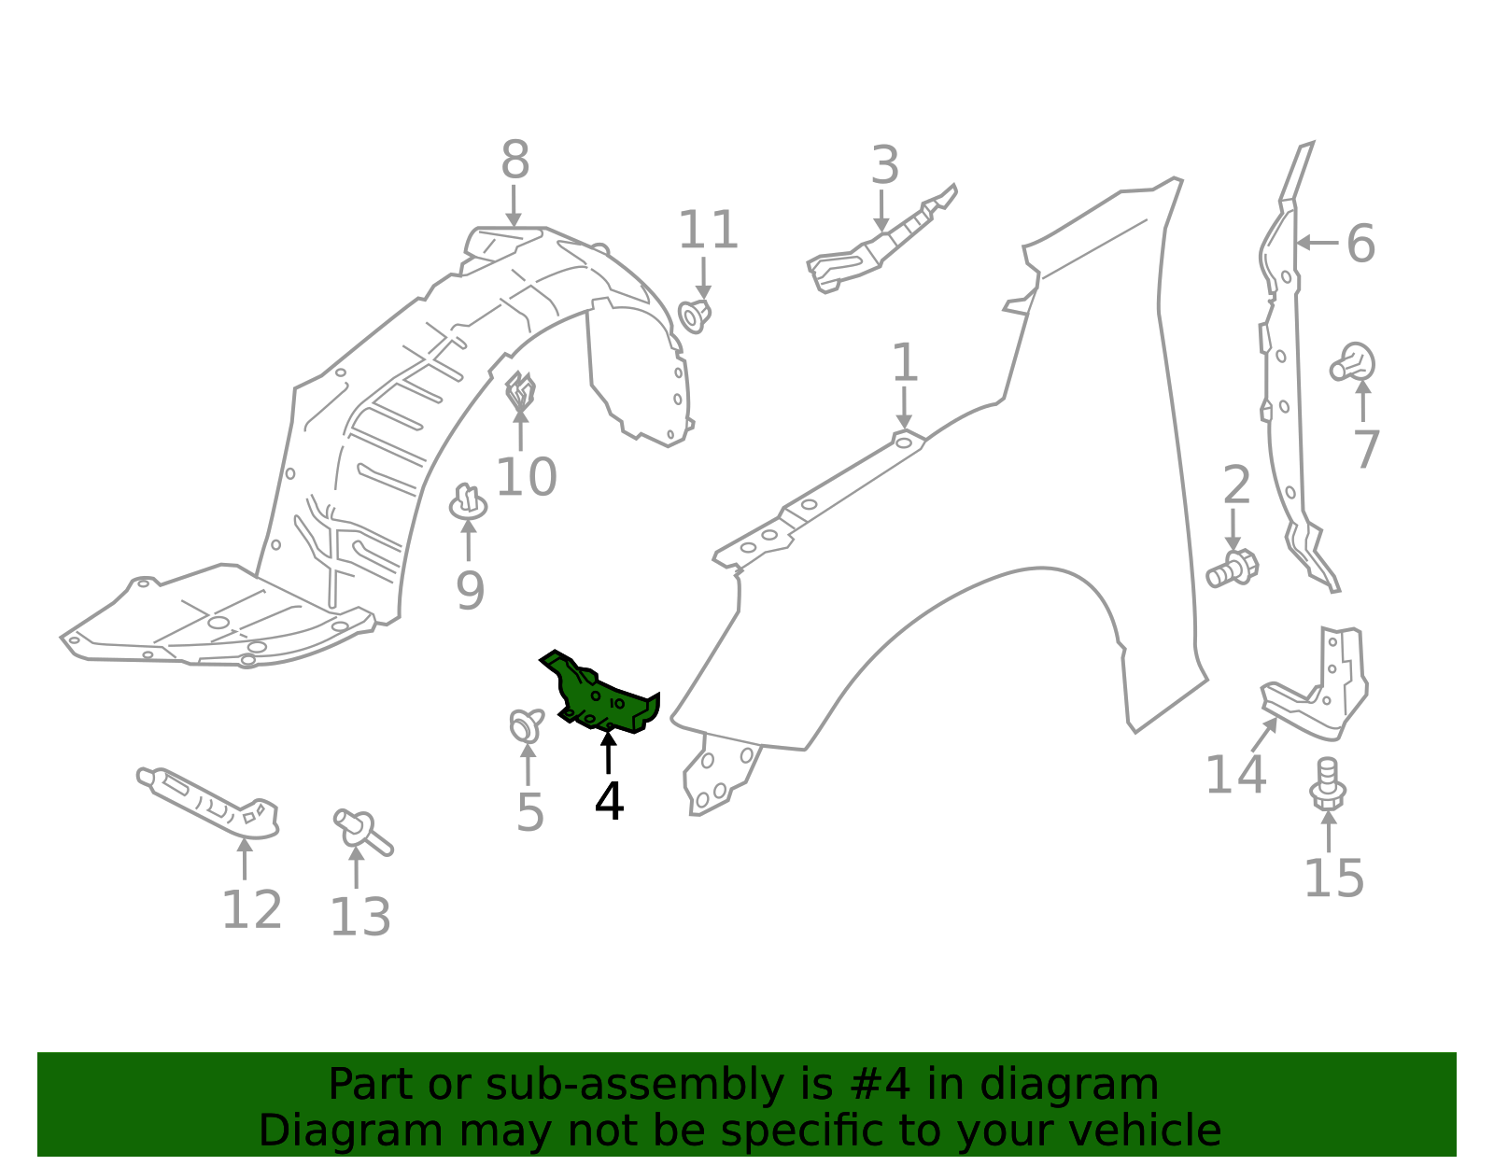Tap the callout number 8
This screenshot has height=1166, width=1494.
514,161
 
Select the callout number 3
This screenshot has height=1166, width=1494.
884,166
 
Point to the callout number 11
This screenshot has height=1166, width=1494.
708,231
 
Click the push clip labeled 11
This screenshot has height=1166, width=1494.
695,315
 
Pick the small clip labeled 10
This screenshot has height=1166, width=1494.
520,391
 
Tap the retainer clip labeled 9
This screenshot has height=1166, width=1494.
468,504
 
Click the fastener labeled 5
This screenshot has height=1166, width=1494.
527,724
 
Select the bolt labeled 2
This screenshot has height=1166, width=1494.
1233,568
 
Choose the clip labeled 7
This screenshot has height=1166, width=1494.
1355,363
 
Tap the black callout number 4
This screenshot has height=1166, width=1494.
609,801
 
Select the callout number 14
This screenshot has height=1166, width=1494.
1235,775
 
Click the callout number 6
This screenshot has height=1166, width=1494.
1360,244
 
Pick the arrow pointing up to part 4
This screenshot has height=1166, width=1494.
608,752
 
